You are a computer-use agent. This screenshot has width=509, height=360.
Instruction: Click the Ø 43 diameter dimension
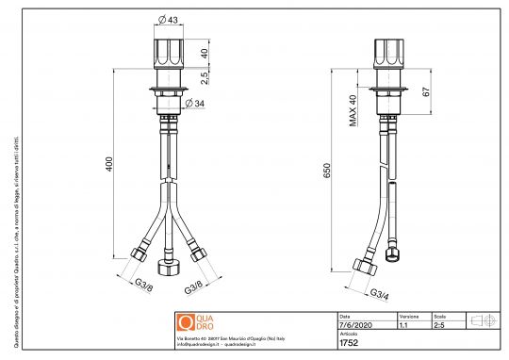(171, 21)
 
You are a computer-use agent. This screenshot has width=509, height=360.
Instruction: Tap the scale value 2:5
(439, 323)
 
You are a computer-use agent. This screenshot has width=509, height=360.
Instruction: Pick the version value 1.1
(403, 323)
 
